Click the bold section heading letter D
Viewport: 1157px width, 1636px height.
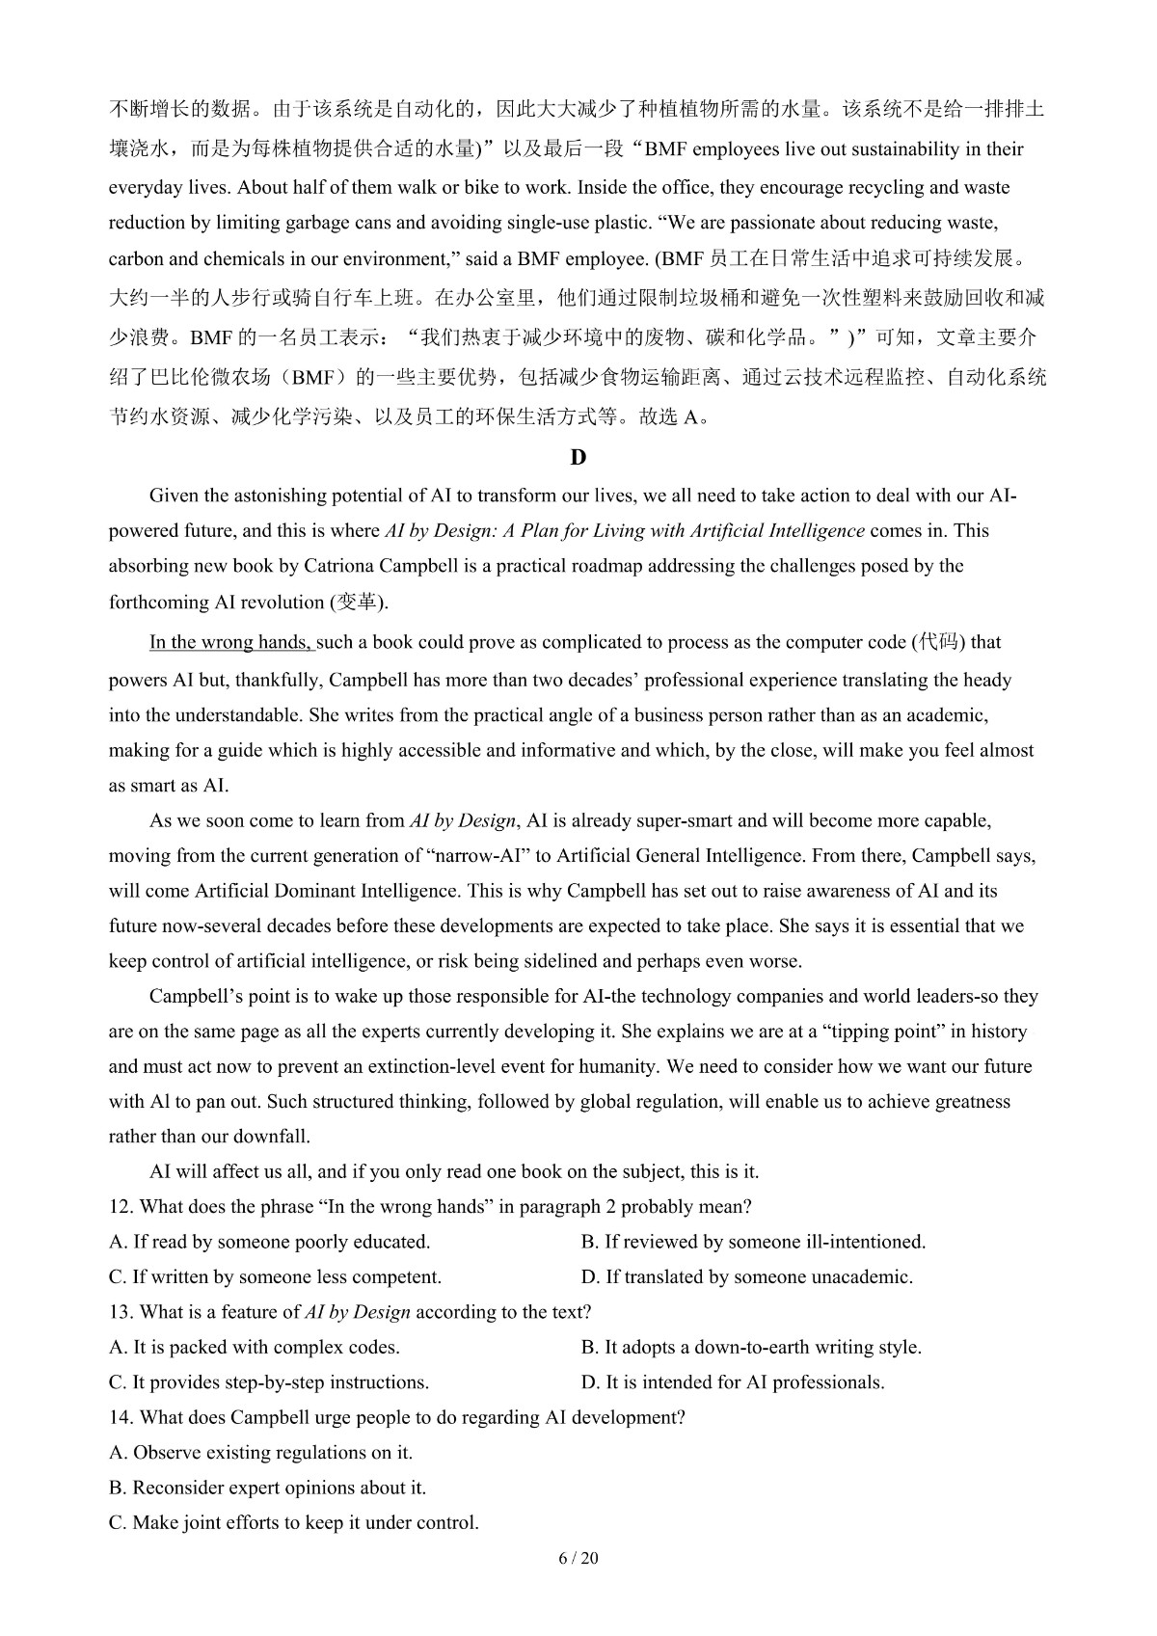[578, 458]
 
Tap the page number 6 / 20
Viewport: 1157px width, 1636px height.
[578, 1559]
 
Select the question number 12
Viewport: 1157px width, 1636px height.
[120, 1207]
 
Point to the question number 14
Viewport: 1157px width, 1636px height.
[120, 1417]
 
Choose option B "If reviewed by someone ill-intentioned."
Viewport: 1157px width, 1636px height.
[753, 1242]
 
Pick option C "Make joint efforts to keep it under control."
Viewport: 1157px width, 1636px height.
[294, 1523]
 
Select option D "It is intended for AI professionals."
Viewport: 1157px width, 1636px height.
[733, 1382]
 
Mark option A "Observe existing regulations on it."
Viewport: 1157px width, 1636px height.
[261, 1453]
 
